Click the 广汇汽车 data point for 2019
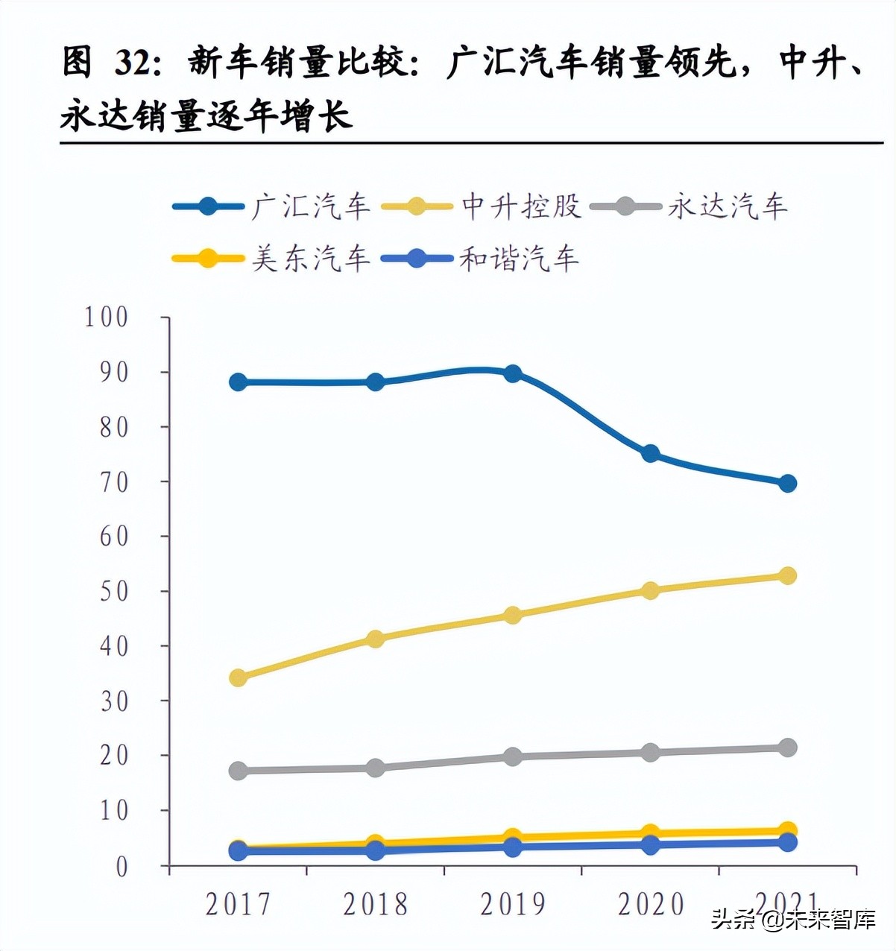tap(513, 373)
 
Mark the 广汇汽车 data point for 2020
tap(650, 453)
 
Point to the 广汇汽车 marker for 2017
tap(239, 382)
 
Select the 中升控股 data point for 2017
tap(239, 677)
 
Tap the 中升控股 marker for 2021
tap(787, 575)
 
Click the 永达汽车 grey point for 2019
tap(513, 756)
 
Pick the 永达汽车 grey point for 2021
tap(787, 748)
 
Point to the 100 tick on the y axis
tap(107, 317)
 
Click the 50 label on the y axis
tap(114, 592)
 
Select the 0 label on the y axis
tap(122, 867)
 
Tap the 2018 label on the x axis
tap(375, 905)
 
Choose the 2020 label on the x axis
tap(650, 905)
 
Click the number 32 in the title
tap(133, 63)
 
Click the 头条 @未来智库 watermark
tap(793, 920)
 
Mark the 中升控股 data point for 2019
tap(513, 615)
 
